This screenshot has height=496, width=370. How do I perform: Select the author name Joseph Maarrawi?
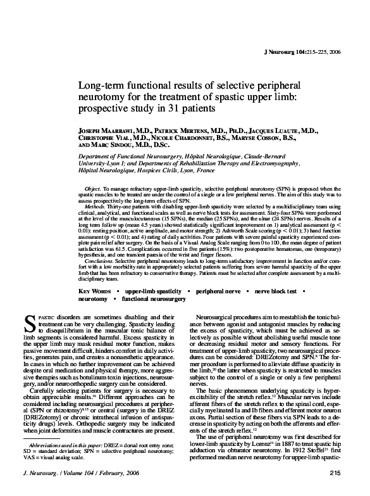click(106, 130)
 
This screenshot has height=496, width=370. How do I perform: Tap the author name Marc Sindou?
click(112, 144)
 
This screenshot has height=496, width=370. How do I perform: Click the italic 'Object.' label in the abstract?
click(92, 188)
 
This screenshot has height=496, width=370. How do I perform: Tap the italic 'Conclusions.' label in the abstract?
click(99, 261)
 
